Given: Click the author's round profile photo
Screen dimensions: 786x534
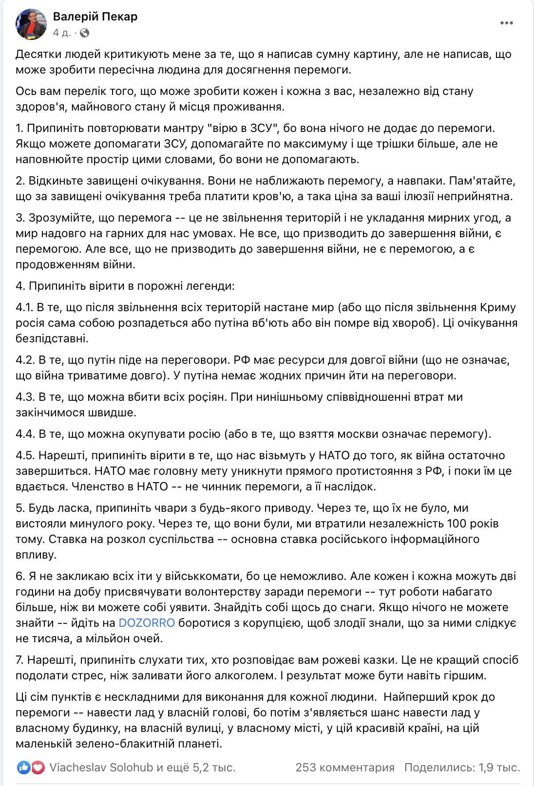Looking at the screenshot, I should click(x=31, y=24).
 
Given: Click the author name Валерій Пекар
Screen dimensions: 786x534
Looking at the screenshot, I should click(x=95, y=17).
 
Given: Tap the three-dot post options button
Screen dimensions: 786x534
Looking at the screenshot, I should click(x=506, y=23).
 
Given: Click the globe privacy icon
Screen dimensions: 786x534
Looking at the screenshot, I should click(x=85, y=33).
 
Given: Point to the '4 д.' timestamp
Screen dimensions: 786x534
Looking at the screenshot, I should click(x=61, y=33).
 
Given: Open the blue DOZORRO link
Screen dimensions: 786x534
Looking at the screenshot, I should click(x=147, y=623).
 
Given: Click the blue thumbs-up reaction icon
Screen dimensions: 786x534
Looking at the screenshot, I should click(x=23, y=767).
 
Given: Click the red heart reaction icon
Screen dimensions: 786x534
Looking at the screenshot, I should click(x=38, y=767).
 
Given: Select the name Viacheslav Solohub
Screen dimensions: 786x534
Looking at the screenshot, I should click(x=101, y=767).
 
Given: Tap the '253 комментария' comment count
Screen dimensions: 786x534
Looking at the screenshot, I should click(x=345, y=767).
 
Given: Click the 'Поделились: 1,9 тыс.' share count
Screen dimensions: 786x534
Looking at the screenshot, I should click(x=462, y=767).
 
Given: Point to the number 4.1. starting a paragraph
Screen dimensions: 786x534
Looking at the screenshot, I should click(x=24, y=307).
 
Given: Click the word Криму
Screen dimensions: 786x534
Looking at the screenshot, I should click(x=497, y=307).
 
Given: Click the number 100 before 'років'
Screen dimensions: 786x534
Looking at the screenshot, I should click(x=457, y=524).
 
